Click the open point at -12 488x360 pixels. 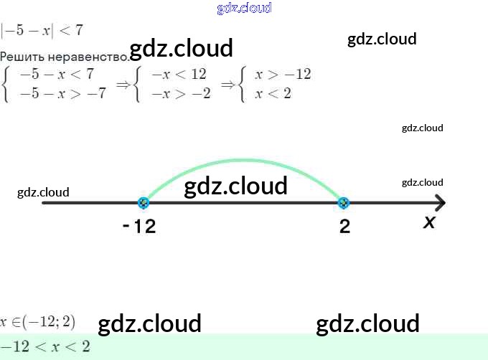(x=144, y=203)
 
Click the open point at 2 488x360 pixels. (x=344, y=203)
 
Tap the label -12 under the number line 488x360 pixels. (x=139, y=227)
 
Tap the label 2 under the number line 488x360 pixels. (x=345, y=227)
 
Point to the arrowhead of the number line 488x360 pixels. (x=438, y=203)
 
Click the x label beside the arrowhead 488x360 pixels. (x=429, y=222)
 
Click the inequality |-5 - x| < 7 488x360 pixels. (x=42, y=30)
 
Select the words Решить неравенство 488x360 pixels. (x=65, y=56)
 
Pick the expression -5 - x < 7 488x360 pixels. (x=57, y=74)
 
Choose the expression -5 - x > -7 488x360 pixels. (x=62, y=93)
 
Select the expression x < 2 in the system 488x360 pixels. (x=273, y=93)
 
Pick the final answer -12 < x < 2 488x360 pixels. (x=46, y=346)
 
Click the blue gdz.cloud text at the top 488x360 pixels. (x=244, y=8)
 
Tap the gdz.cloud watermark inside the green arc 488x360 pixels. (x=235, y=186)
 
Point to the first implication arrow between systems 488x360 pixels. (x=123, y=84)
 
